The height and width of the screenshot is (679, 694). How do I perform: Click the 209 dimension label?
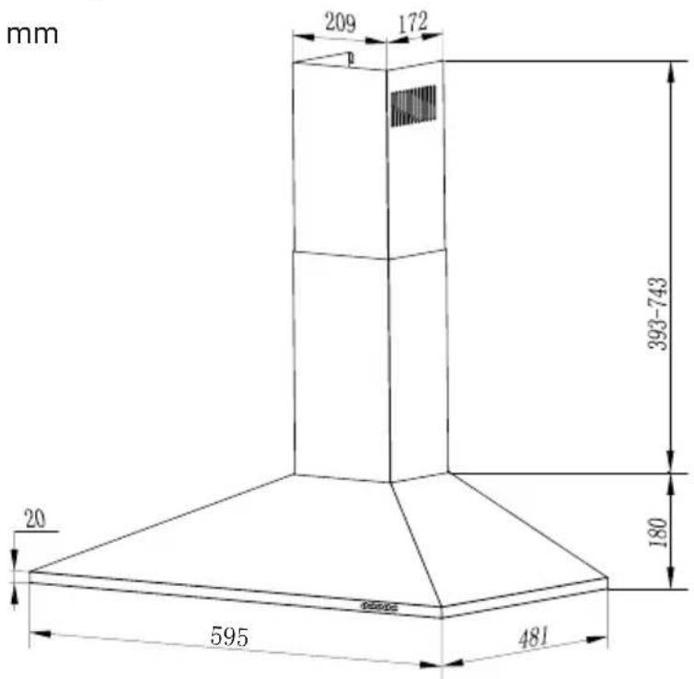click(340, 22)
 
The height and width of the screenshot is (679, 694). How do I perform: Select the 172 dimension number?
click(413, 22)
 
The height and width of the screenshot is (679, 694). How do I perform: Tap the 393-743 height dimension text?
click(657, 313)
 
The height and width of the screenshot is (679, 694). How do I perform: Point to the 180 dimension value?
click(658, 532)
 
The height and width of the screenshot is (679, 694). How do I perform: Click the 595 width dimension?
click(229, 637)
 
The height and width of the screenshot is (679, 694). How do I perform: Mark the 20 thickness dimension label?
click(35, 519)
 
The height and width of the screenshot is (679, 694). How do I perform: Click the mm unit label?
click(32, 35)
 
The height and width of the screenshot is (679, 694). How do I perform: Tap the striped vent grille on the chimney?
click(413, 106)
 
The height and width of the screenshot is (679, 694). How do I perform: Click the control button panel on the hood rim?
click(379, 606)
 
